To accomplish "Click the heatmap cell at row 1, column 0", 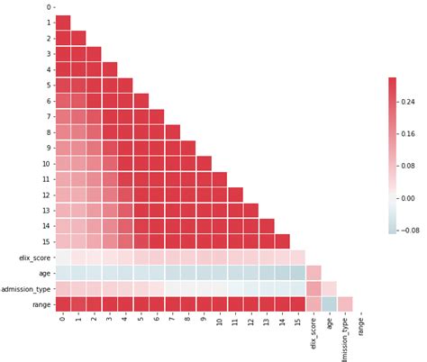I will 63,23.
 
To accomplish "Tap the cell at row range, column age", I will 330,303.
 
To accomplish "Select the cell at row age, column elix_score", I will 313,272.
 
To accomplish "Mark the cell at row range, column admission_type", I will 345,303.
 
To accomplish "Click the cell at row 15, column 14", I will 282,241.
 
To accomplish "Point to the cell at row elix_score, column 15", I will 298,257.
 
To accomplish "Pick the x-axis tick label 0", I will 63,319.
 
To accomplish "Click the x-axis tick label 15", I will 298,321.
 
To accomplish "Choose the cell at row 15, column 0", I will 63,241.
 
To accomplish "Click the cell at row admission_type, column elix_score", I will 313,287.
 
